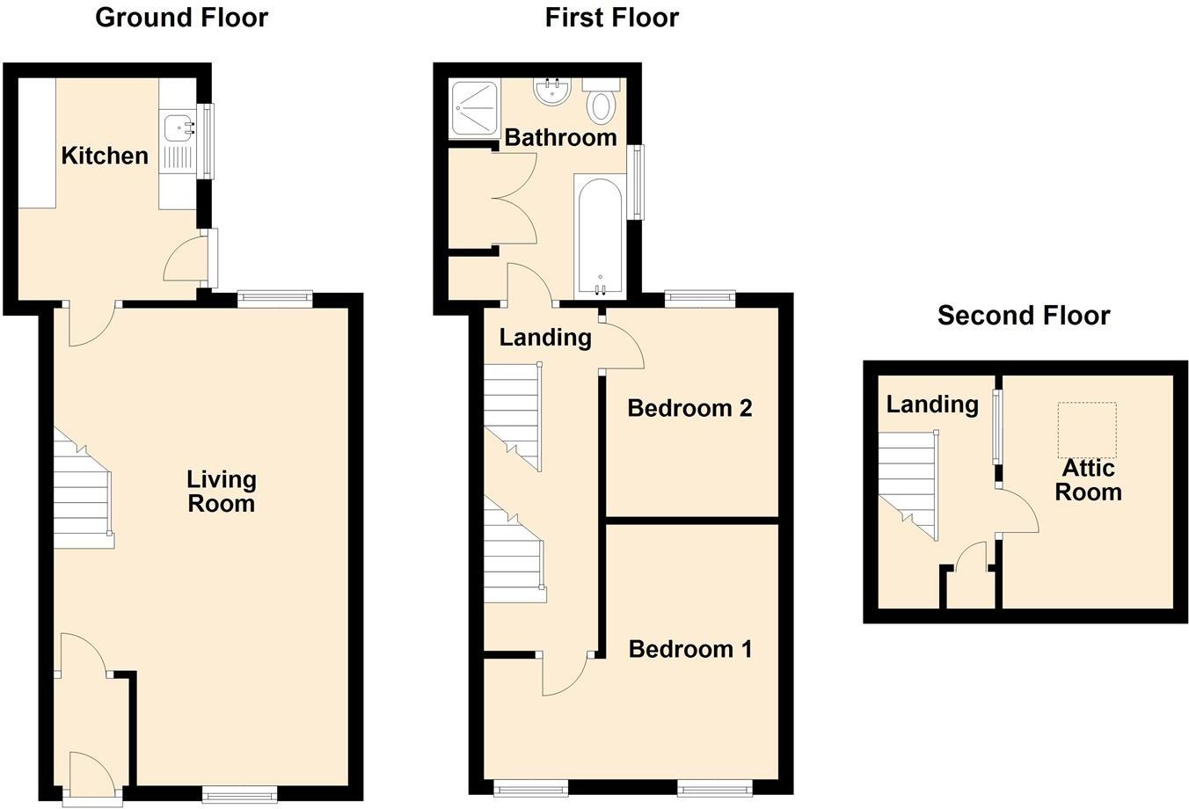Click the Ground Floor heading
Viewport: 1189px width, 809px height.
point(181,18)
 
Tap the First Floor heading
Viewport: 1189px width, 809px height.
point(611,18)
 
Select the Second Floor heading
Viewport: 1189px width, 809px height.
point(1024,316)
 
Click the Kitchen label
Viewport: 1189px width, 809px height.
point(105,156)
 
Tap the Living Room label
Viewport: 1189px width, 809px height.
point(221,492)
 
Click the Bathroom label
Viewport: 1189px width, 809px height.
point(560,137)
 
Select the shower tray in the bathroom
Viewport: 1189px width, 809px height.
point(473,108)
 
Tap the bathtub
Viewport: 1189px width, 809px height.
point(599,236)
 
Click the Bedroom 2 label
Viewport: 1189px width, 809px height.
point(689,408)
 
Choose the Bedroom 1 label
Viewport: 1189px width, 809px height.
point(690,649)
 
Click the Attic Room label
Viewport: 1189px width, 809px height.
point(1088,480)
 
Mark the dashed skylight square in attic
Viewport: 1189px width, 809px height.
point(1087,431)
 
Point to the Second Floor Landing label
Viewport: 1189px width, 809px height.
point(932,404)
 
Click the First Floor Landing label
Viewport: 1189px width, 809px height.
point(545,337)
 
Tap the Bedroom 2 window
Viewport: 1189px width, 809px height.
point(700,298)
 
